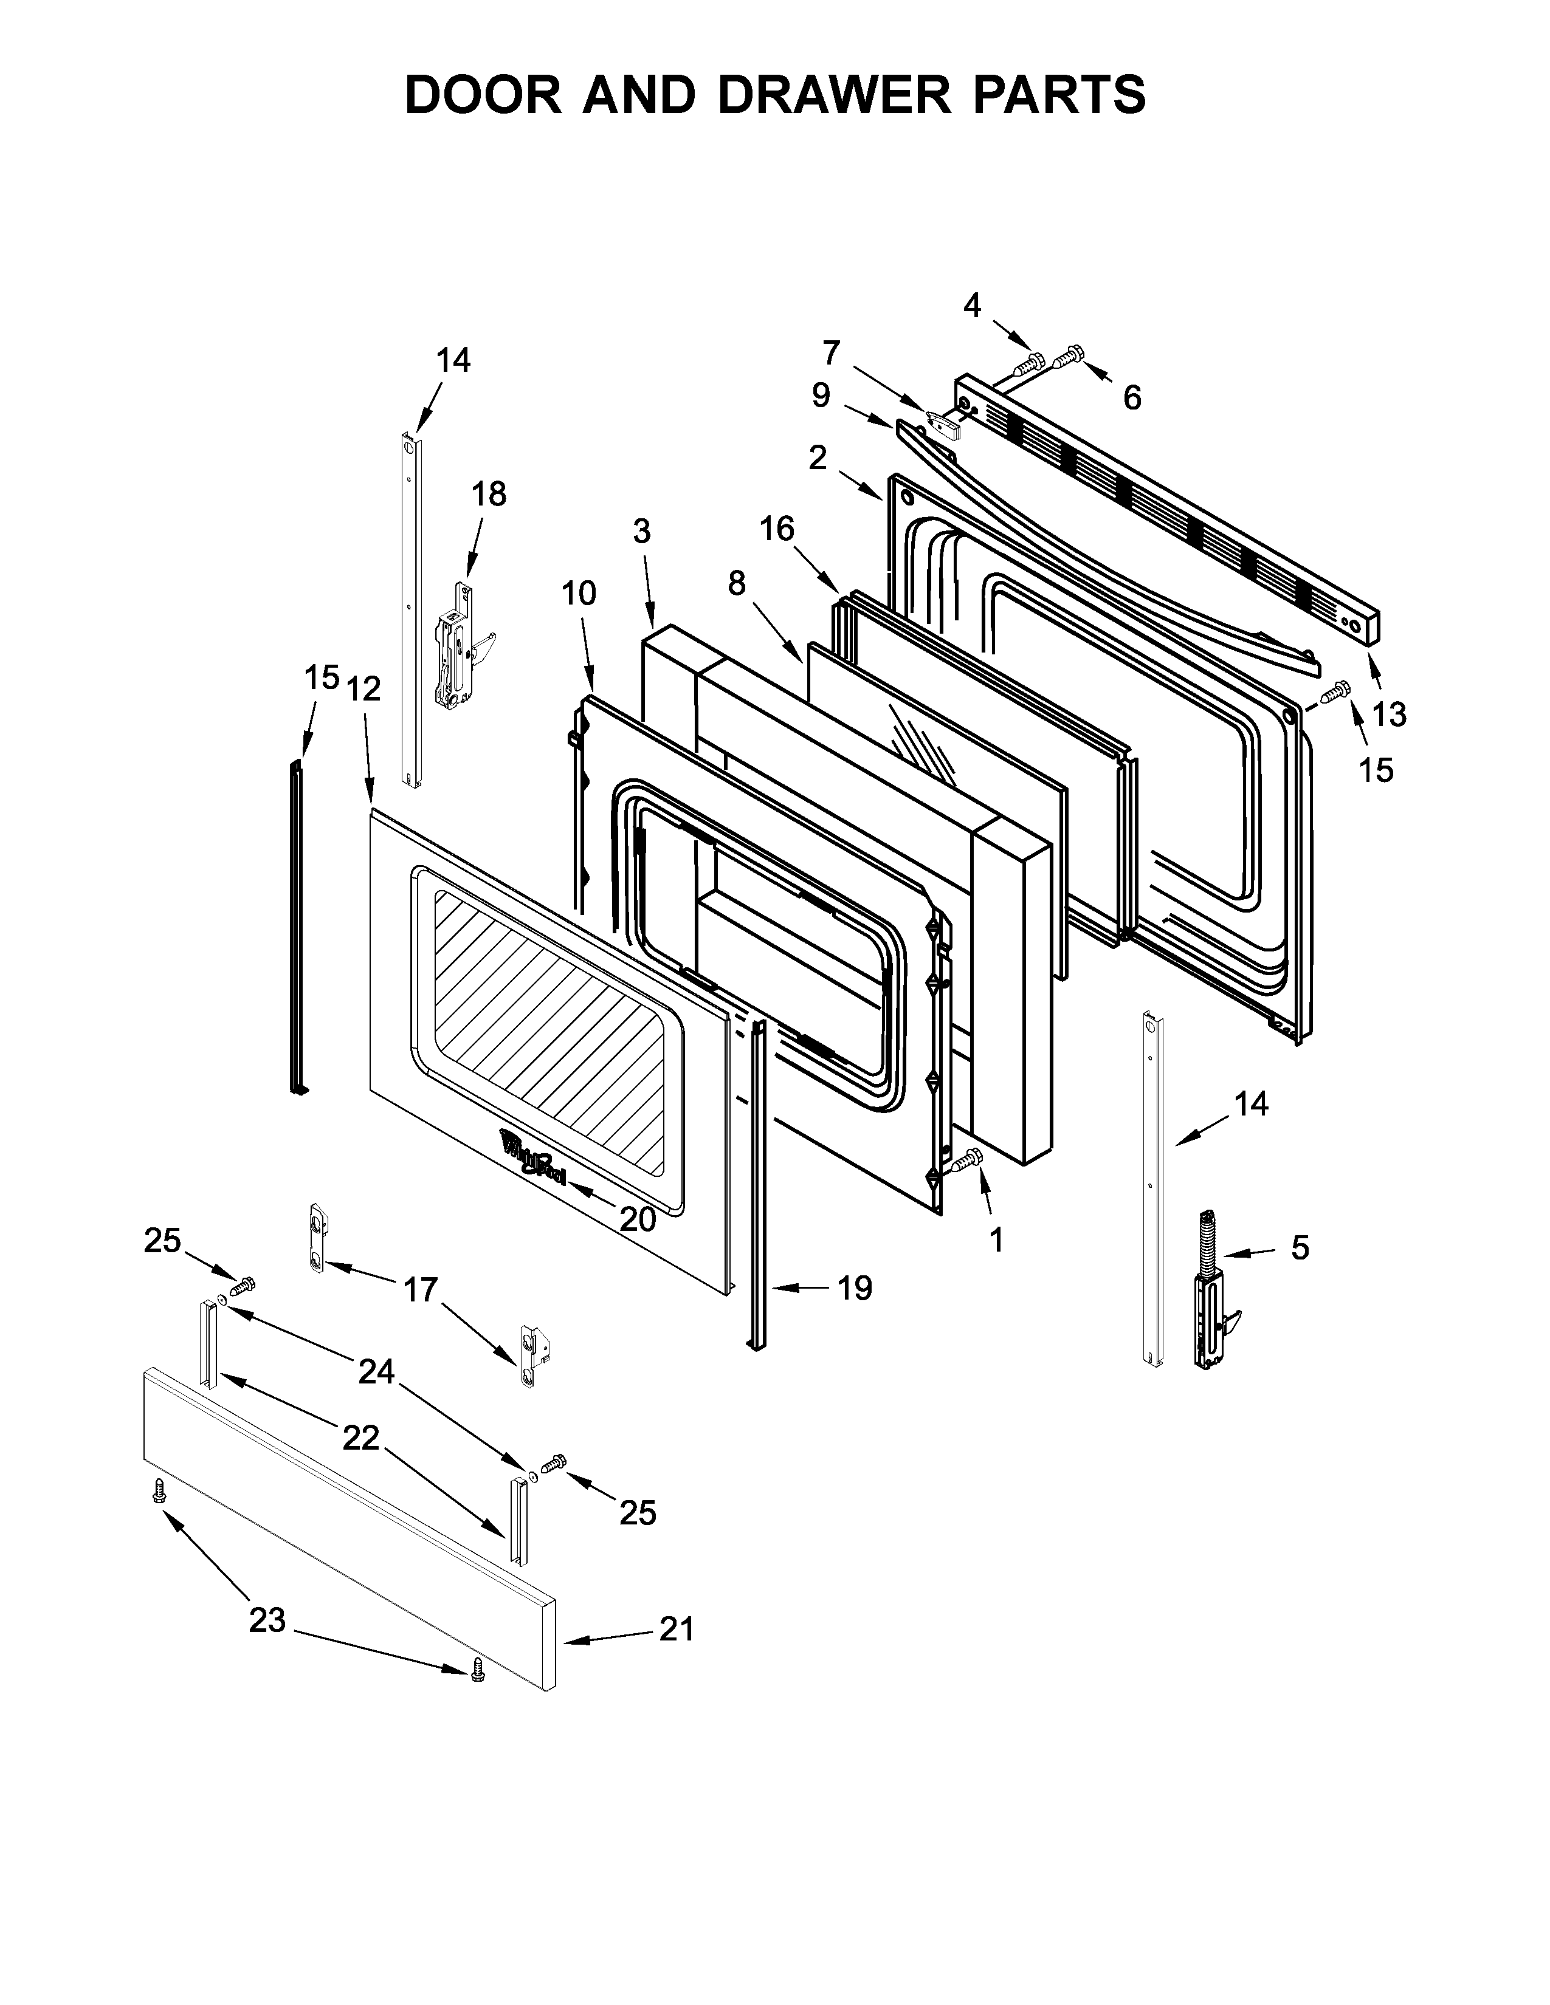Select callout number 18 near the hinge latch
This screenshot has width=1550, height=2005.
[x=489, y=494]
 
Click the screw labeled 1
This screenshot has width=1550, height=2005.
[x=969, y=1161]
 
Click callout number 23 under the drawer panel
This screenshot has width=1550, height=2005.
[x=267, y=1620]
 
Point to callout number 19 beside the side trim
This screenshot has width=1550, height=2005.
[x=854, y=1288]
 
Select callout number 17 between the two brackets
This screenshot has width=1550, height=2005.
[x=421, y=1290]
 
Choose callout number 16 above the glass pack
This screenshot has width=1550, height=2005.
[x=777, y=529]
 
